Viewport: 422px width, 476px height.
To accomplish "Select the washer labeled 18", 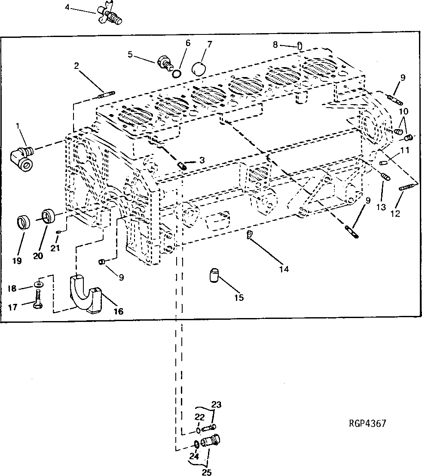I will tap(40, 284).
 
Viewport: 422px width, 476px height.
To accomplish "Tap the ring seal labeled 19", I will tap(23, 223).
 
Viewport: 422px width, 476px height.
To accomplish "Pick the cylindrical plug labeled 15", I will tap(214, 275).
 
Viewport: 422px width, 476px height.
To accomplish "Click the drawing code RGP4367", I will tap(367, 423).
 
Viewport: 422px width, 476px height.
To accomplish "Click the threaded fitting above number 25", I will tap(211, 442).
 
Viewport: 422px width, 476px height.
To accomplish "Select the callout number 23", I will tap(216, 405).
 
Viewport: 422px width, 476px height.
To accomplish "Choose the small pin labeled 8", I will tap(300, 46).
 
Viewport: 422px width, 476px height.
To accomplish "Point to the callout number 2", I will tap(76, 66).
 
